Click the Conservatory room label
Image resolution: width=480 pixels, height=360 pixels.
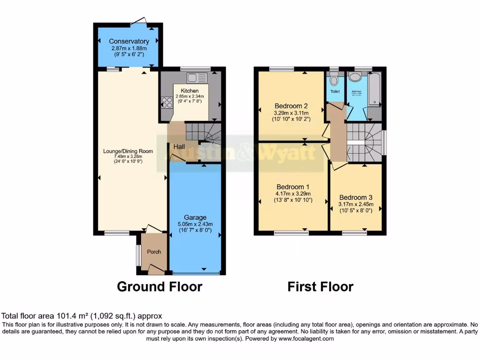tap(129, 41)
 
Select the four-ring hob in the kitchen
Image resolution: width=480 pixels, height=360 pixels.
tap(166, 103)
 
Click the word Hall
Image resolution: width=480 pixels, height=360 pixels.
tap(180, 147)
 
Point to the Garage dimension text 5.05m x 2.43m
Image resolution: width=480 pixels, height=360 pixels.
tap(195, 224)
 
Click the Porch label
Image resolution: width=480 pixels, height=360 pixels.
tap(154, 252)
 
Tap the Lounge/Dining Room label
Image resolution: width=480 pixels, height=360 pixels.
tap(128, 151)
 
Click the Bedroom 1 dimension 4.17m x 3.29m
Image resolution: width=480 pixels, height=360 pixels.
tap(293, 194)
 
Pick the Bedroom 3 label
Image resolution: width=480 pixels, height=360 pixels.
tap(356, 197)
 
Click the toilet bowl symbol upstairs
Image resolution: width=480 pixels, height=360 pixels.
tap(334, 80)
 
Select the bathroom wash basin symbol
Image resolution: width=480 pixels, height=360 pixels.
tap(355, 77)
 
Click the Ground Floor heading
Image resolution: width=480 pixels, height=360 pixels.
tap(159, 286)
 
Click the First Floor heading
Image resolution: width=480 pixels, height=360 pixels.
tap(320, 286)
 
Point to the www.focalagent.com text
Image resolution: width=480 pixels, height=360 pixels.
tap(306, 338)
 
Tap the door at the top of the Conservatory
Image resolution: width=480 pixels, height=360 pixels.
tap(139, 21)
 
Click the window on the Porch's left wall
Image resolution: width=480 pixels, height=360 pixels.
tap(138, 255)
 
